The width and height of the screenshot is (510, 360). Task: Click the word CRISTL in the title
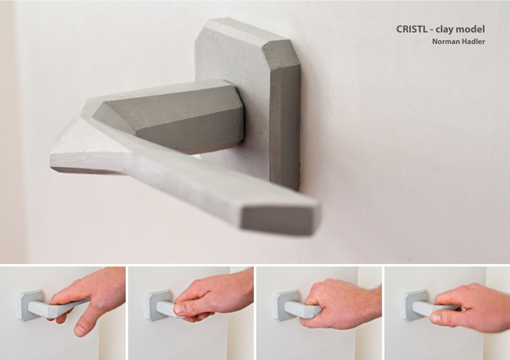(412, 29)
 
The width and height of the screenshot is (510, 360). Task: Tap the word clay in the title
(450, 29)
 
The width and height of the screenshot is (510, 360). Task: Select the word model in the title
(474, 29)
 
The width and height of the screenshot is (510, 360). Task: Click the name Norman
(445, 42)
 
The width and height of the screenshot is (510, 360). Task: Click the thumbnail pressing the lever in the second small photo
(178, 309)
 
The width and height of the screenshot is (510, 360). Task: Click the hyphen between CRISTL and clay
(436, 30)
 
